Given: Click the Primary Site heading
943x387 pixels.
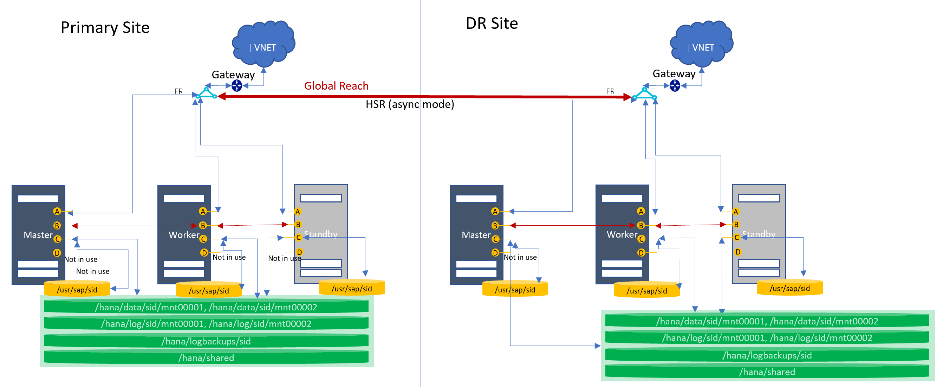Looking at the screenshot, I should (x=105, y=28).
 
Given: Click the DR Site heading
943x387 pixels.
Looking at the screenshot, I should (x=492, y=24).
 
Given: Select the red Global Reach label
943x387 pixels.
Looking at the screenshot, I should (x=336, y=86).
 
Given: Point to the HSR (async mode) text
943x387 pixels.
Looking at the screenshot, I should (x=410, y=104).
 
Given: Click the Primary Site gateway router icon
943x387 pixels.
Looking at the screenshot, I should (x=237, y=86).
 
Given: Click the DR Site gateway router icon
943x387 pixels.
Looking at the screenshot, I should (x=675, y=86).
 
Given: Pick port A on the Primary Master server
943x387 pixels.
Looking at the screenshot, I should (x=57, y=211).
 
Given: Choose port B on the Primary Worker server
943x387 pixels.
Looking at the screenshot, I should (x=203, y=226).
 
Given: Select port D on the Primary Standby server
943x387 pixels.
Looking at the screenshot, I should (x=299, y=252).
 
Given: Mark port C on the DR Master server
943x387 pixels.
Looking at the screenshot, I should (x=495, y=239).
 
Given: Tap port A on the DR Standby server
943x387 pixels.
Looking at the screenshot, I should (x=735, y=212).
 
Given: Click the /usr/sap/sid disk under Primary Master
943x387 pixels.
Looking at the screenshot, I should (x=77, y=290).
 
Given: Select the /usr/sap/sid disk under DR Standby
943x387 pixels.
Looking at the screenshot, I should (x=789, y=288).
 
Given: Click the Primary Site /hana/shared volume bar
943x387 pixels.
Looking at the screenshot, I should (x=206, y=358).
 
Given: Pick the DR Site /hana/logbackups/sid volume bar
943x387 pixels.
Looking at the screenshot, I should (x=767, y=355).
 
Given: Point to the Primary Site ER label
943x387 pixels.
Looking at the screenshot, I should (x=178, y=91).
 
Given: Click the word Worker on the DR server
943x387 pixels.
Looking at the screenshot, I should (x=622, y=235).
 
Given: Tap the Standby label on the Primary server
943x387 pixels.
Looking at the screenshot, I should (x=321, y=234).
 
